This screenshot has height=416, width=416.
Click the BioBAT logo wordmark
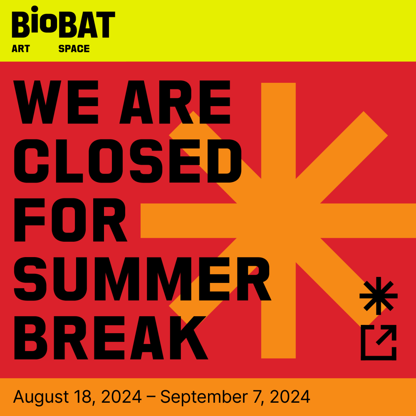[x=63, y=22]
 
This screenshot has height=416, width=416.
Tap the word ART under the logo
[x=21, y=49]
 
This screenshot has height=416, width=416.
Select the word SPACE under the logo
[x=74, y=49]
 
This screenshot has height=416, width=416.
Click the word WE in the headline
[x=56, y=102]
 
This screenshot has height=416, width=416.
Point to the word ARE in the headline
[x=175, y=102]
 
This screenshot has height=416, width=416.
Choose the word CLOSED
[x=128, y=161]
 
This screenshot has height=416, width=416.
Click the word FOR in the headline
[x=71, y=220]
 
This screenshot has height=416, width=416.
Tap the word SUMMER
[x=142, y=279]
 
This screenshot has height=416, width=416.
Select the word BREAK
[x=111, y=338]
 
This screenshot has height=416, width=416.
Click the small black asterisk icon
[x=379, y=296]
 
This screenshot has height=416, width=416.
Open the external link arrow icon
[x=379, y=342]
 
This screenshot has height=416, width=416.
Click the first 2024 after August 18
[x=121, y=396]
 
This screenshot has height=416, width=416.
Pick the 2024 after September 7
[x=290, y=396]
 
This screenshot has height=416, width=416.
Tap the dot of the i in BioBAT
[x=35, y=9]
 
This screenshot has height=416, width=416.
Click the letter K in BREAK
[x=189, y=338]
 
